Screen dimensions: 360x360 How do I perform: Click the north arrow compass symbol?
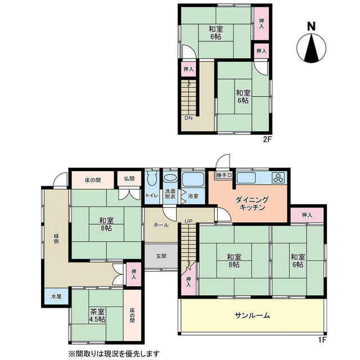tap(311, 48)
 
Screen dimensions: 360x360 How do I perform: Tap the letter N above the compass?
tap(311, 26)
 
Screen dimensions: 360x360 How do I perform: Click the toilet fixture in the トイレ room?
tap(152, 178)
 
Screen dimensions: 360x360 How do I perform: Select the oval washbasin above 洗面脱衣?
tap(170, 178)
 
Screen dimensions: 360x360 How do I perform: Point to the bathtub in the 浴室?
tap(193, 179)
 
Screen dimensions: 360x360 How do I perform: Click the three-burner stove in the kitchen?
tap(278, 178)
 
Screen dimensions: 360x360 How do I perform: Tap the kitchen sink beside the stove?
tap(246, 178)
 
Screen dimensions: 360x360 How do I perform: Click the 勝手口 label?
tap(224, 175)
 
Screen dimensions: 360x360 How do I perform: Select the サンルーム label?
tap(253, 315)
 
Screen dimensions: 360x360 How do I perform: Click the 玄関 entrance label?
tap(161, 256)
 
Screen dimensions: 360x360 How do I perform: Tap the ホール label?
tap(161, 225)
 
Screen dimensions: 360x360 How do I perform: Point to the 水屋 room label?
tap(56, 296)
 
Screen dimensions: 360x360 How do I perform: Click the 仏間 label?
tap(129, 179)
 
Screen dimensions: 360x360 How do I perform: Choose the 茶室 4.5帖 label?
tap(97, 315)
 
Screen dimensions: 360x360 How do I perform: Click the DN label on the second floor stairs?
tap(188, 118)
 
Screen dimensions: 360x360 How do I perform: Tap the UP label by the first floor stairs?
tap(188, 221)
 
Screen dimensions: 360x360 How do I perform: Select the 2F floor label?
tap(267, 139)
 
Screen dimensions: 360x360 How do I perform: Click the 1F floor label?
tap(322, 340)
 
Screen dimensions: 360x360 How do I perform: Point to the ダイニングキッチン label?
tap(252, 204)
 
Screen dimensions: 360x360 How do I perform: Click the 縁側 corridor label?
tap(56, 238)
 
